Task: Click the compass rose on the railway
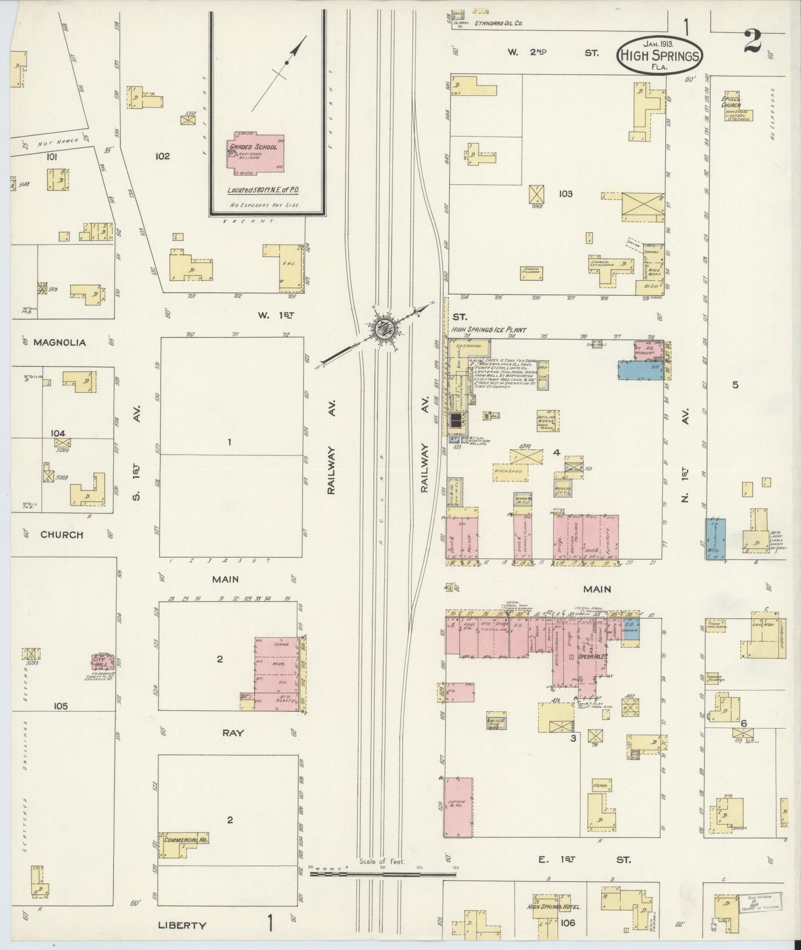pyautogui.click(x=382, y=329)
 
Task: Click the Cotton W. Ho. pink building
pyautogui.click(x=458, y=806)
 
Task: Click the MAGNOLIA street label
pyautogui.click(x=59, y=343)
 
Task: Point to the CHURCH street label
pyautogui.click(x=62, y=535)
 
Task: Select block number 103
pyautogui.click(x=565, y=194)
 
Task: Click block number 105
pyautogui.click(x=60, y=706)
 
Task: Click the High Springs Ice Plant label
pyautogui.click(x=488, y=329)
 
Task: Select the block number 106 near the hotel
pyautogui.click(x=568, y=923)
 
